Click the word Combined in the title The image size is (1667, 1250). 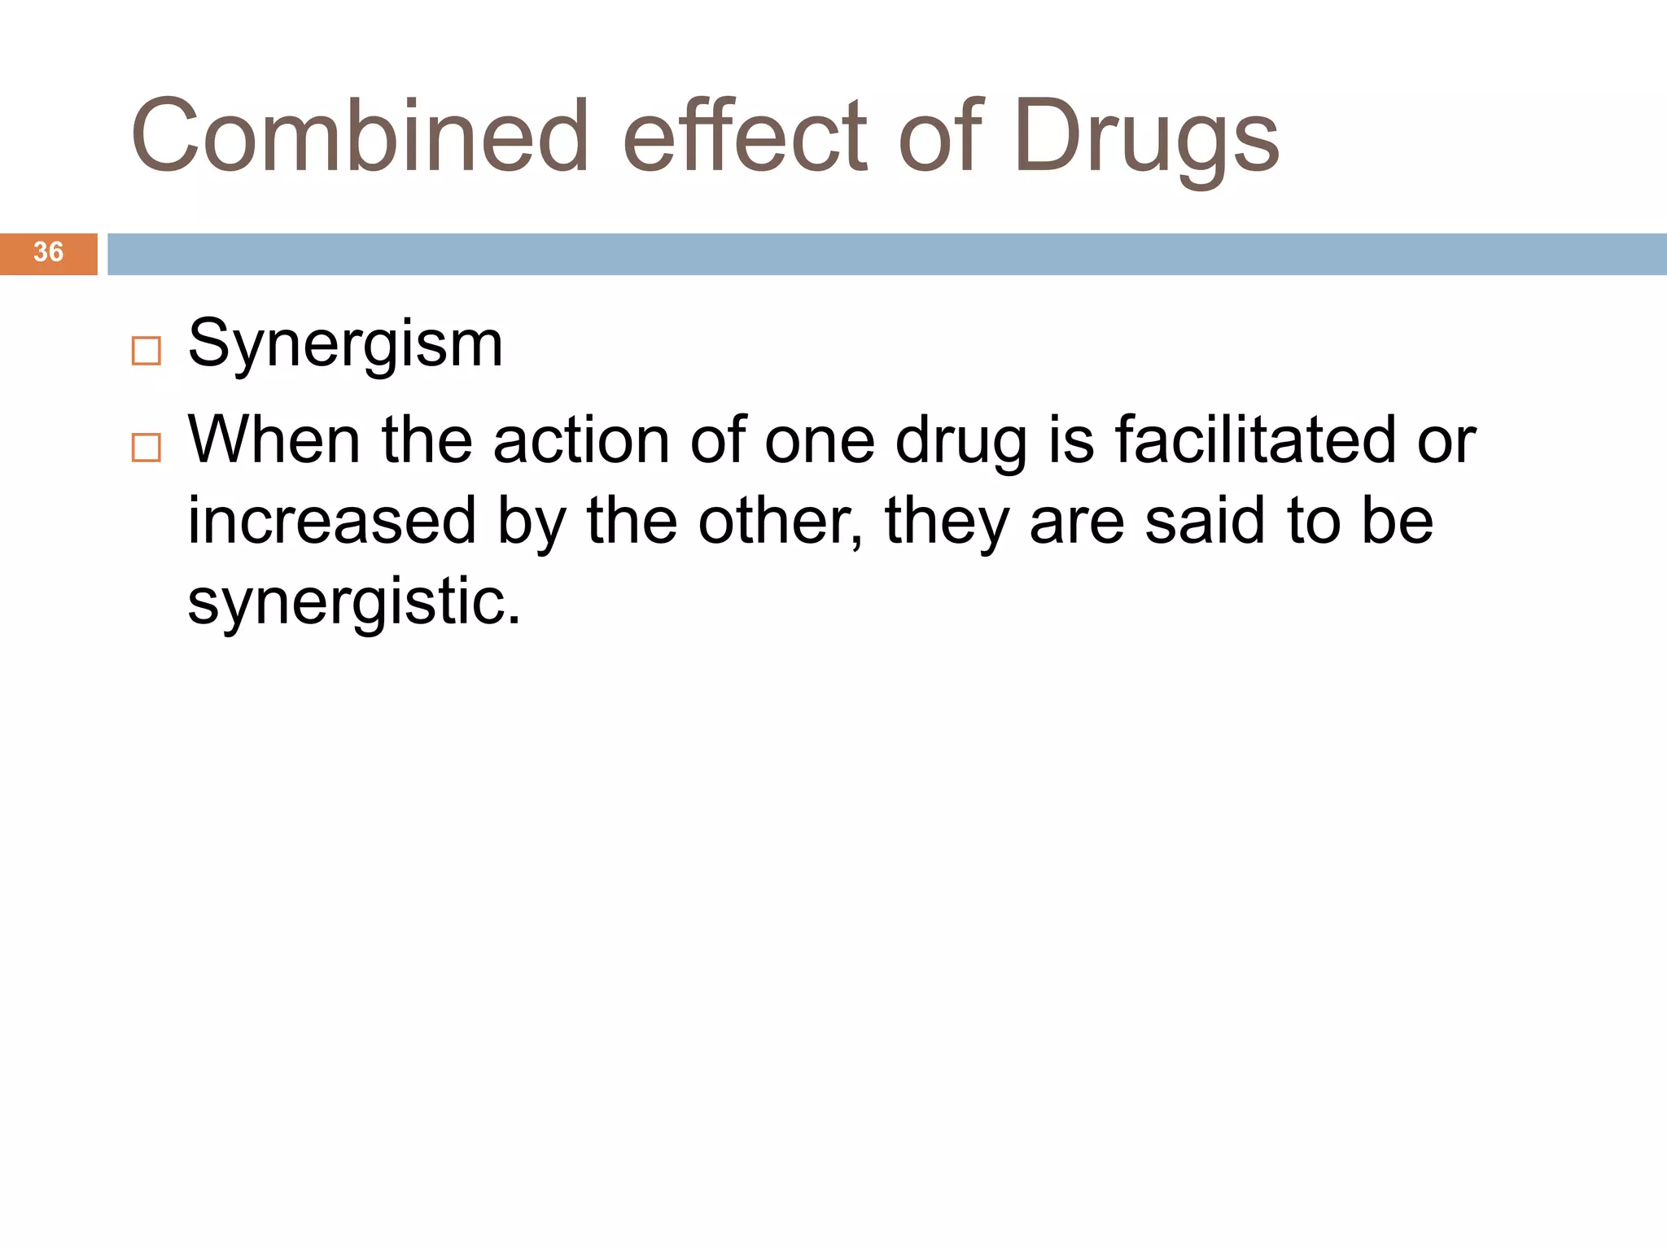point(359,136)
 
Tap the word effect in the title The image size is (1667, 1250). point(746,136)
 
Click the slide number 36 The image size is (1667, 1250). point(48,252)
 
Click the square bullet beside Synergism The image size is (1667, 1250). point(147,351)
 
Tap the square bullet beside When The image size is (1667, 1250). point(147,448)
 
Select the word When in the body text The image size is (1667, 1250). point(274,440)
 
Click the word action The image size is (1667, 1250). point(580,440)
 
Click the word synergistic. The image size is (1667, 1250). point(354,603)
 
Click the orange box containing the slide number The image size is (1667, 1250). point(48,254)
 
